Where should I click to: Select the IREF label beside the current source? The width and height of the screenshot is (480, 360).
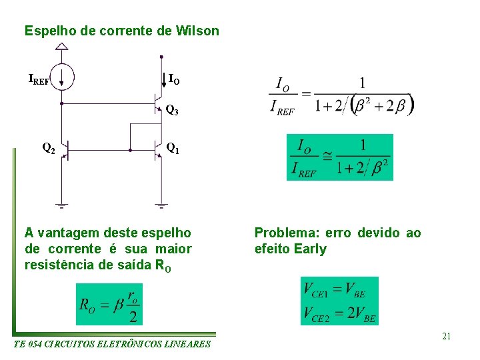coord(38,81)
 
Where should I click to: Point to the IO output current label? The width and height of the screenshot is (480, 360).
coord(173,81)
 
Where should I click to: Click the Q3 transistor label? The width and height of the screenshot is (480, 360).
coord(172,110)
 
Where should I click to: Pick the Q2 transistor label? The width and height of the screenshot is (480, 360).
coord(48,148)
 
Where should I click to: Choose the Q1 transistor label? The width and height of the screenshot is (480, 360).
coord(172,148)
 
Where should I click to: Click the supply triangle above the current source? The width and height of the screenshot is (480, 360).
coord(61,47)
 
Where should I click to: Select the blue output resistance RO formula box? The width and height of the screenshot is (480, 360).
coord(109,304)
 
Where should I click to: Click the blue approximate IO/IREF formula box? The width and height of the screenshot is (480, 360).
coord(340,157)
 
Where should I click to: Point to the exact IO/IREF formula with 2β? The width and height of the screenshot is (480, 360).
coord(342,95)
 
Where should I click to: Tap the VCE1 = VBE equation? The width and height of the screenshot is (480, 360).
coord(339,289)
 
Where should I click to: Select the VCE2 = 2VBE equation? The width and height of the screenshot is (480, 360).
coord(339,312)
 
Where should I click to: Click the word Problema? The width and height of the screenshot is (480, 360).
coord(286,233)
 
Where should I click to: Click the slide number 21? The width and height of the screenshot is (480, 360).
coord(446,336)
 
